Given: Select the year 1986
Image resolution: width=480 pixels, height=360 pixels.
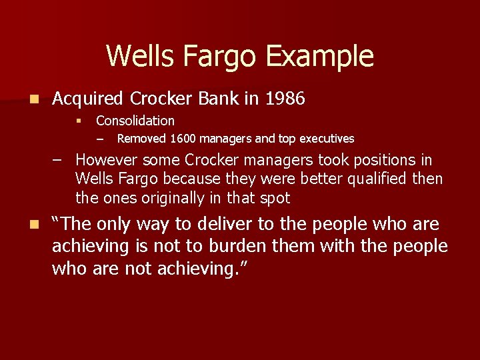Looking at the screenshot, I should click(285, 99).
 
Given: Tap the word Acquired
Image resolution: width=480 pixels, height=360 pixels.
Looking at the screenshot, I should click(88, 99).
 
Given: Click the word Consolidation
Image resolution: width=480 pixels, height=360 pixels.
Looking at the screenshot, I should click(135, 121).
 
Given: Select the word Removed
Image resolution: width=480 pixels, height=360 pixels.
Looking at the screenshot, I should click(142, 139).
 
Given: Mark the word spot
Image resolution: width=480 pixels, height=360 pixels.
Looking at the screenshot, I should click(275, 198).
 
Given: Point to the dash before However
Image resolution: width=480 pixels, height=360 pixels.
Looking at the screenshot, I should click(59, 161).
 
